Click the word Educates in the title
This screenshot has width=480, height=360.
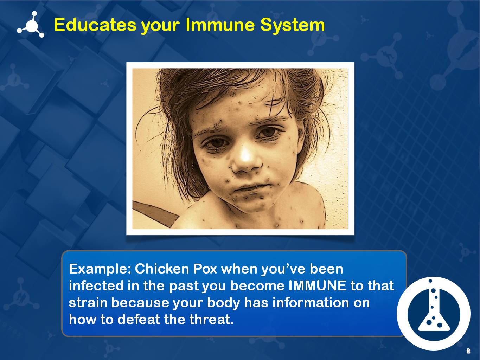point(95,25)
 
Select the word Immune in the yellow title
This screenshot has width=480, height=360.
point(220,25)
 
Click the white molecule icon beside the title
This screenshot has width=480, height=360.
point(31,25)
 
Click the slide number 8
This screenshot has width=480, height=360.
point(468,351)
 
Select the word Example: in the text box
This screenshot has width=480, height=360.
point(100,269)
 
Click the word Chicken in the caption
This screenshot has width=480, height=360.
point(162,269)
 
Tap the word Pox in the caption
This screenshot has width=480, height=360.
point(205,269)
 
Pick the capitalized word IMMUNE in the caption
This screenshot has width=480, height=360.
point(318,285)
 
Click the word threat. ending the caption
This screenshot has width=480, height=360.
point(210,319)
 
